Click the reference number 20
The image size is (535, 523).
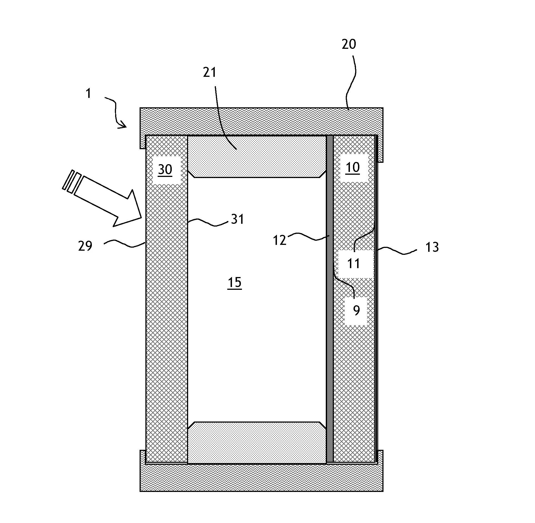(349, 44)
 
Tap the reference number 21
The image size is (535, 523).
(210, 73)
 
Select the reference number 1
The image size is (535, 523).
(88, 94)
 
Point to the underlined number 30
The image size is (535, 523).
(165, 169)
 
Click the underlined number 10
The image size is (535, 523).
(353, 168)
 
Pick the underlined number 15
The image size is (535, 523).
(234, 282)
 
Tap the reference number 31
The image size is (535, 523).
(237, 219)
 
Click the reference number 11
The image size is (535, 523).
(354, 263)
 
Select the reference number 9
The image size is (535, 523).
(356, 310)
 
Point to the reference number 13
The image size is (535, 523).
(432, 247)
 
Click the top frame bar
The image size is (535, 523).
(261, 121)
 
